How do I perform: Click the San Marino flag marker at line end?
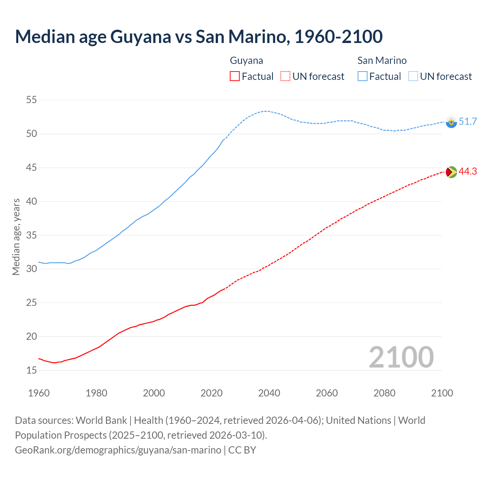(451, 122)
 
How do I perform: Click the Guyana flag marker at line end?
(451, 172)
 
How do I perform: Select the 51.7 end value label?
(468, 122)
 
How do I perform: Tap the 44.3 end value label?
(468, 172)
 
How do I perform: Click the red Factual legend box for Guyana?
(235, 76)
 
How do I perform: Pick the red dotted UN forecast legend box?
(285, 76)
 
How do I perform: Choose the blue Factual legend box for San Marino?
(363, 76)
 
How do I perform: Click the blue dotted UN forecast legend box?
(413, 76)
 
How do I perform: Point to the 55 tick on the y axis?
(31, 100)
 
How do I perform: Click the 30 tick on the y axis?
(31, 269)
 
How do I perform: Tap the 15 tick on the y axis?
(31, 370)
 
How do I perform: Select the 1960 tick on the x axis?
(39, 393)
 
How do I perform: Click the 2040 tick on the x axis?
(269, 393)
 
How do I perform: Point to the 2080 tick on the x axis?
(384, 393)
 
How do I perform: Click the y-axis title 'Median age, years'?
(16, 237)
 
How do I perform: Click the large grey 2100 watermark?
(401, 357)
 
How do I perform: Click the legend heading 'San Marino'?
(382, 60)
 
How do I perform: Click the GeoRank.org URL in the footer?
(118, 450)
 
